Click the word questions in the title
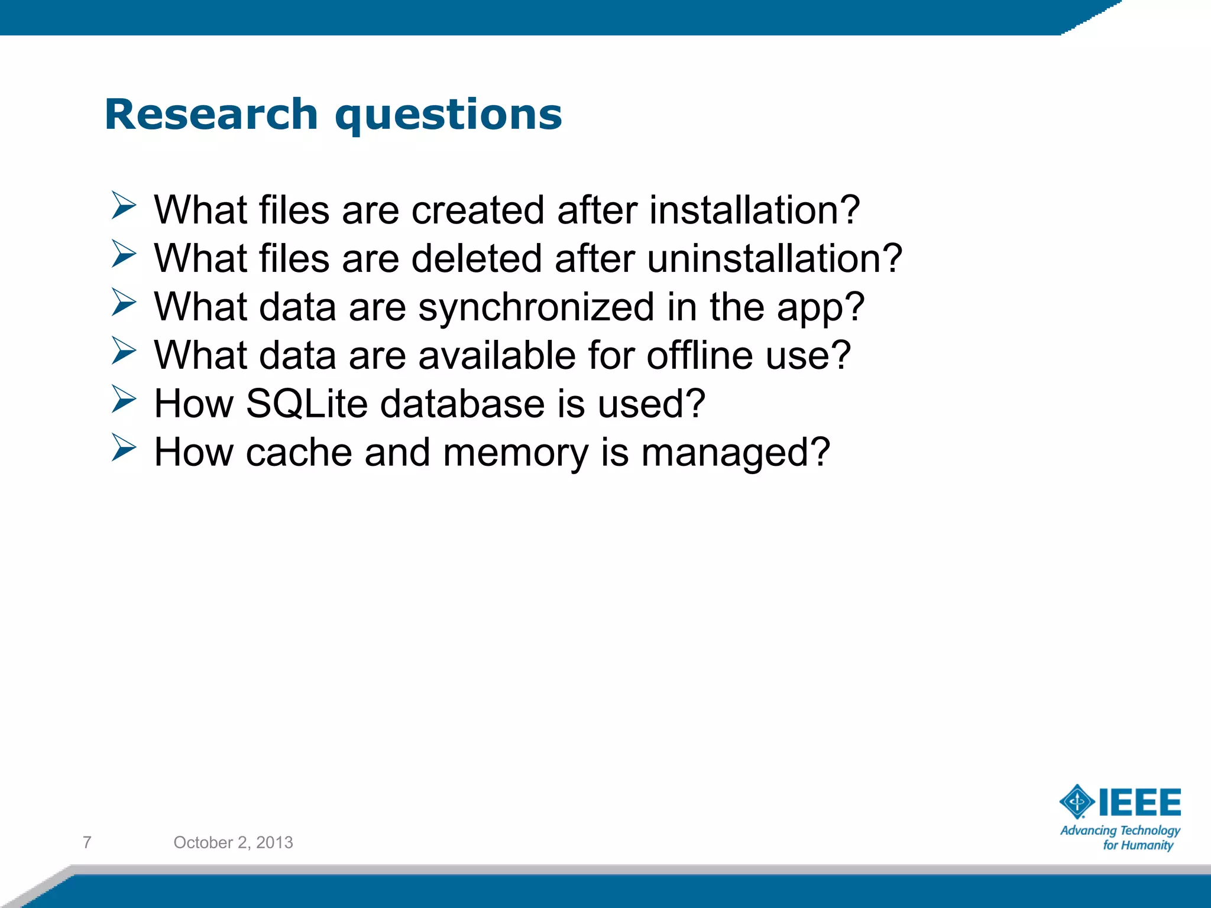pos(448,115)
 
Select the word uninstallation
pos(774,259)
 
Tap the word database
pos(462,404)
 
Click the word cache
pos(299,453)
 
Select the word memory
pos(515,454)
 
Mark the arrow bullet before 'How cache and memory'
pos(124,447)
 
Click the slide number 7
pos(87,842)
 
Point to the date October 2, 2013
pos(233,842)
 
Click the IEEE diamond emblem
pos(1077,802)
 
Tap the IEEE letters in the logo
pos(1139,803)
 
